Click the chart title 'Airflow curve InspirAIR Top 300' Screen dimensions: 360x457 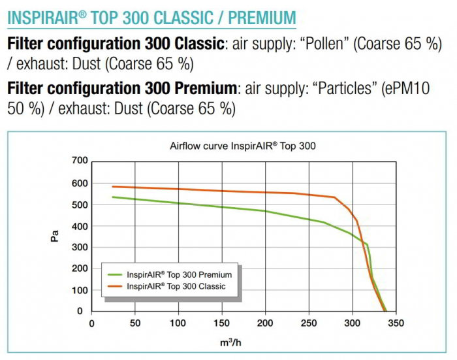[243, 146]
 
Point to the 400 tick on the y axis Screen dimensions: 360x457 [80, 226]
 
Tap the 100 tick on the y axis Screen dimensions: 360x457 [80, 290]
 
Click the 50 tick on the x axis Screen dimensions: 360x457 [135, 323]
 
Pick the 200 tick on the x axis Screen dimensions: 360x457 [266, 323]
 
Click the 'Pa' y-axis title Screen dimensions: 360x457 [55, 236]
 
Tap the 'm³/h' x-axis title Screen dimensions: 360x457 [243, 342]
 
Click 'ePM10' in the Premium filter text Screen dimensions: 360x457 [405, 88]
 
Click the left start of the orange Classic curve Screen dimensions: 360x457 [113, 187]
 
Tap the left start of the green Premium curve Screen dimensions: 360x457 [113, 197]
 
